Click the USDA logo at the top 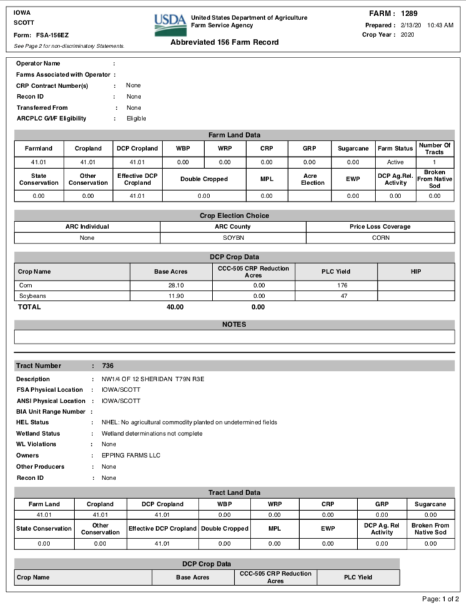[170, 23]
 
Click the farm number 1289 [410, 13]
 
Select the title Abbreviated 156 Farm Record [224, 43]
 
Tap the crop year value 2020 [407, 35]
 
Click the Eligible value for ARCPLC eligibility [136, 119]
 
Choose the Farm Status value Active [395, 162]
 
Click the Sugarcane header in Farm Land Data [353, 149]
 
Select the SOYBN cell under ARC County [232, 238]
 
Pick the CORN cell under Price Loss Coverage [380, 238]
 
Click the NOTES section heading [234, 325]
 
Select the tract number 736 [107, 366]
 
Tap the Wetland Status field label [38, 433]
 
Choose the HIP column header [416, 271]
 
